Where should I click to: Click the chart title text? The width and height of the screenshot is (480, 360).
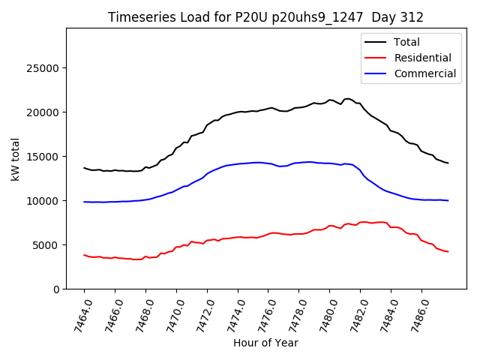point(265,17)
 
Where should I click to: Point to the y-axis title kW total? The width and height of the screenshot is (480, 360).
point(15,159)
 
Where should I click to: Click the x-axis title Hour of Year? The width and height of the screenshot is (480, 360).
point(265,343)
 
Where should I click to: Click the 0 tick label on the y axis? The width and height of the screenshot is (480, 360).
point(56,289)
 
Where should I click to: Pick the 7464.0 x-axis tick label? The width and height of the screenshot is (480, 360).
point(78,315)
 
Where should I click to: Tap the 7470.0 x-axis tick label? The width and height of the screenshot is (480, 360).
point(170,315)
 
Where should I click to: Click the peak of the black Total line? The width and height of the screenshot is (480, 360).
point(348,98)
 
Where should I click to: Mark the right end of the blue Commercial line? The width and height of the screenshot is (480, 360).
point(448,200)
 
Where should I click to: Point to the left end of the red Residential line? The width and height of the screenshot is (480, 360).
point(84,255)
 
